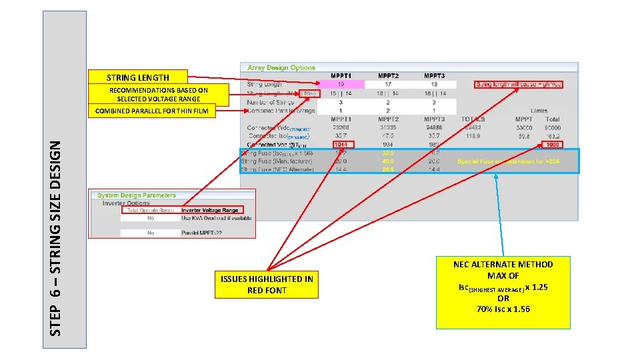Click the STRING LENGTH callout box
point(137,77)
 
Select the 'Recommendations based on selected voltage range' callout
point(158,94)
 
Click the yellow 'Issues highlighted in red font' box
point(267,285)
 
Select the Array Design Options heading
point(281,68)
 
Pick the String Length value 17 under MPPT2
point(387,85)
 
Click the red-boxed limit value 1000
point(553,145)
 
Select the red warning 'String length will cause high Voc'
point(519,85)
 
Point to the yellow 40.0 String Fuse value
point(387,161)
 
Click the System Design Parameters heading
point(137,195)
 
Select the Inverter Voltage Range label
point(210,210)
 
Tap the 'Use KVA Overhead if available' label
point(215,218)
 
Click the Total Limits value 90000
point(553,127)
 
